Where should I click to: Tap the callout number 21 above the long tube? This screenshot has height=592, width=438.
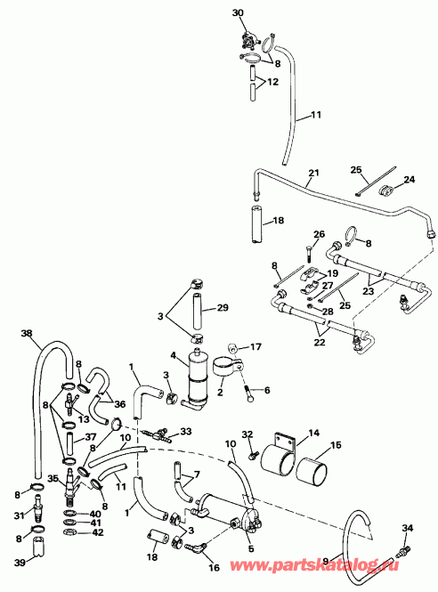coord(312,172)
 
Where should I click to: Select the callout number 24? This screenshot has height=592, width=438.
coord(410,179)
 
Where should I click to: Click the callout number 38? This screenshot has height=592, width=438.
coord(26,336)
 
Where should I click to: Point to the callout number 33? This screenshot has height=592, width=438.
coord(185,432)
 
